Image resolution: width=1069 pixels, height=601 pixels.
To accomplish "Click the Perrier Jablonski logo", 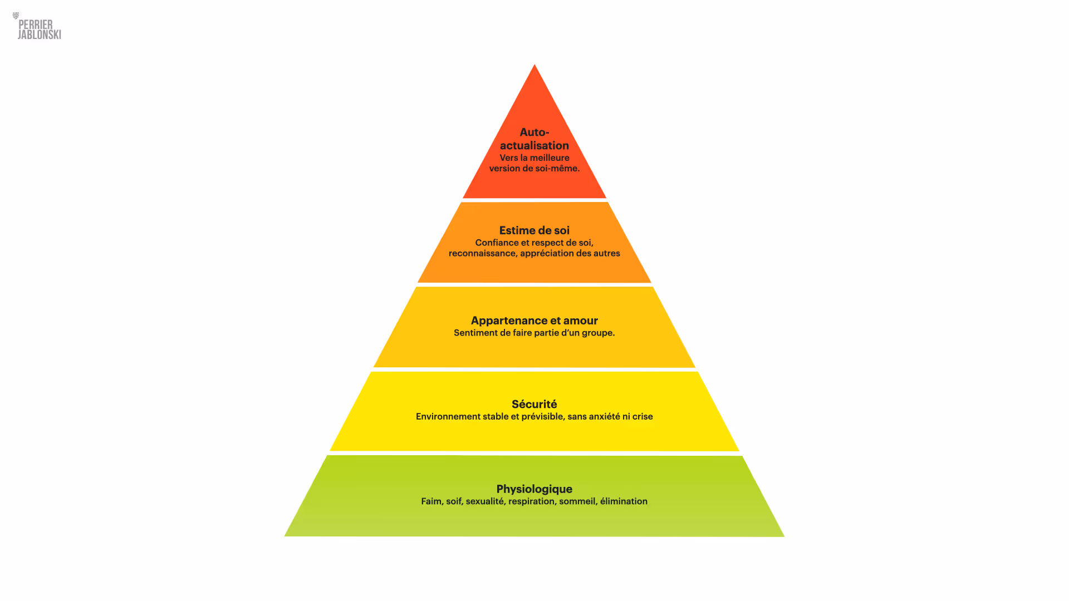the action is tap(38, 27).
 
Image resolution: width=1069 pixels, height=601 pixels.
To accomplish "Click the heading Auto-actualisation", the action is tap(534, 139).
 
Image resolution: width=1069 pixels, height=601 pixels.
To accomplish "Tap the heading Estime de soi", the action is tap(534, 230).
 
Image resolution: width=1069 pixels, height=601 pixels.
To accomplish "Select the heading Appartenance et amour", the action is tap(534, 321).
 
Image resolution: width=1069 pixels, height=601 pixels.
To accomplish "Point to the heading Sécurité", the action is tap(534, 404).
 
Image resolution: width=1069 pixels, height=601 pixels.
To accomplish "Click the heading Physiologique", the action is tap(534, 489).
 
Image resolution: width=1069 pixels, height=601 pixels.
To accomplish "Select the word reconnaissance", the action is tap(483, 254).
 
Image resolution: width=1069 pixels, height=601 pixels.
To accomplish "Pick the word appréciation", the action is tap(547, 254).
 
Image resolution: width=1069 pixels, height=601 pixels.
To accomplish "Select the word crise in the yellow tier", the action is tap(643, 417).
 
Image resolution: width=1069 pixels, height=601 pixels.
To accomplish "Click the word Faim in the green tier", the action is tap(431, 501).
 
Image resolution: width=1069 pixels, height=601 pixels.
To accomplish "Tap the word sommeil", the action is tap(577, 501).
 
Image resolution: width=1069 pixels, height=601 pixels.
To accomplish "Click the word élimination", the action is tap(624, 501).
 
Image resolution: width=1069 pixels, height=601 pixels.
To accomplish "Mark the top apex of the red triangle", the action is tap(534, 66).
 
